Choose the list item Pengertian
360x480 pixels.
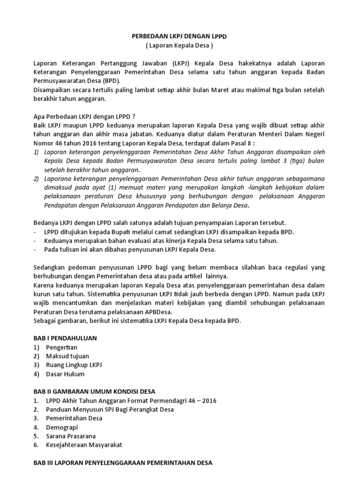tap(61, 347)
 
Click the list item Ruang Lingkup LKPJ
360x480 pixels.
tap(74, 365)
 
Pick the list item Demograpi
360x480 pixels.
tap(62, 427)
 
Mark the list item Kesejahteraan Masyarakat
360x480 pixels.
tap(83, 445)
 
